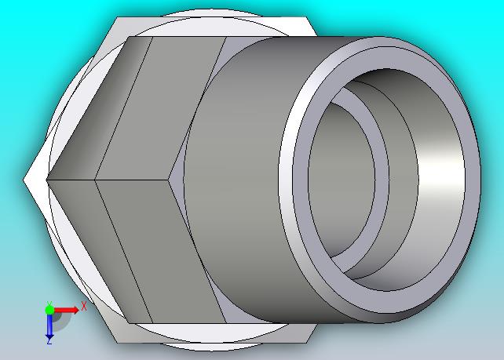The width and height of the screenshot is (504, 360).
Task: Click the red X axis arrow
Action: click(x=66, y=311)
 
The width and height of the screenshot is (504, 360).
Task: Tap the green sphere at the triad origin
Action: click(x=49, y=310)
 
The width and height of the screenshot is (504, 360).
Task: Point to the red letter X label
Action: click(x=83, y=306)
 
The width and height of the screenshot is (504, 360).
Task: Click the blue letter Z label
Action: click(x=49, y=342)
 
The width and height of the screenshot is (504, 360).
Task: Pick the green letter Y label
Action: click(x=49, y=304)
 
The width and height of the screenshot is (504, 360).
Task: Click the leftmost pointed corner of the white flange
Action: click(x=23, y=180)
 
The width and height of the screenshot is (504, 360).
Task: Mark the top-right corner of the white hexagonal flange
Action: click(x=306, y=17)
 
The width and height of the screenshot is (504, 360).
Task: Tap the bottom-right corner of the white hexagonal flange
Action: click(x=306, y=342)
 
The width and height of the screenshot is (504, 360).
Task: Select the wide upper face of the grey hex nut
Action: click(x=161, y=107)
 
